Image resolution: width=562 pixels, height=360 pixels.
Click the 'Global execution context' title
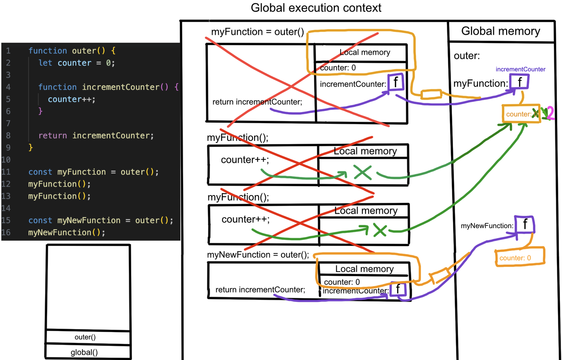click(x=316, y=8)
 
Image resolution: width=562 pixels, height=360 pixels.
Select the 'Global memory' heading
click(x=500, y=31)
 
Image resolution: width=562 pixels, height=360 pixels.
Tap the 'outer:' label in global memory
click(x=467, y=56)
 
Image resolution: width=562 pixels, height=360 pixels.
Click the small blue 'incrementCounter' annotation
click(x=520, y=69)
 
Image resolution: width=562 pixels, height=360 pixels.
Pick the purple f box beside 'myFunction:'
click(x=519, y=82)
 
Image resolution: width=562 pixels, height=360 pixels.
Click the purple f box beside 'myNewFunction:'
click(x=525, y=224)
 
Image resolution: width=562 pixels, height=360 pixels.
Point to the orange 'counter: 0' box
click(x=519, y=257)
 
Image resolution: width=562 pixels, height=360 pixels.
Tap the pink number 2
click(x=550, y=113)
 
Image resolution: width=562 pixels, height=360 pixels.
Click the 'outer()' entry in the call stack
click(x=85, y=337)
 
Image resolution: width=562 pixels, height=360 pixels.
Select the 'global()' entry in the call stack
click(x=84, y=352)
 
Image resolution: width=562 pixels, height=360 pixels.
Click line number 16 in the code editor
click(x=6, y=232)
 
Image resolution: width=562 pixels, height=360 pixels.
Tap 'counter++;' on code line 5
click(x=72, y=99)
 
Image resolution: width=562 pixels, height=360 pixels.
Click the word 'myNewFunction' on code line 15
click(x=89, y=220)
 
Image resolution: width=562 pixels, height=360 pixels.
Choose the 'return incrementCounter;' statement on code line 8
click(x=96, y=136)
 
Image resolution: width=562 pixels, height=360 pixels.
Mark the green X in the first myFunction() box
click(x=362, y=172)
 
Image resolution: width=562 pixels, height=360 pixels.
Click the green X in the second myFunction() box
click(x=380, y=230)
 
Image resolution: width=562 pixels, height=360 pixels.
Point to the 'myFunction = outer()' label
click(x=257, y=32)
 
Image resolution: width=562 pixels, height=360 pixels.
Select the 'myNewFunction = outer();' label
click(x=258, y=255)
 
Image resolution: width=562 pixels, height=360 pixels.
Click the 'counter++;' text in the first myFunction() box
click(x=245, y=160)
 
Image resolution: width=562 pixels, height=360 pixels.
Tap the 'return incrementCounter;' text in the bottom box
click(x=260, y=290)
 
